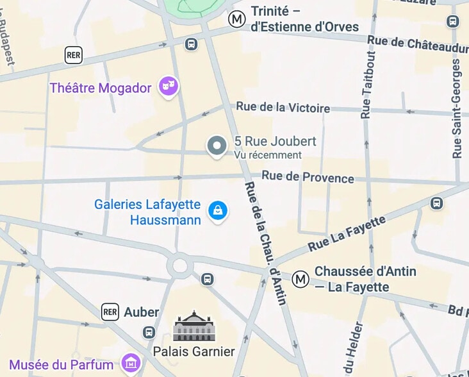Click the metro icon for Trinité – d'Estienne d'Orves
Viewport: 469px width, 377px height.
tap(237, 19)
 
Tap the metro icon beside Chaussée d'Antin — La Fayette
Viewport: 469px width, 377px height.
tap(300, 279)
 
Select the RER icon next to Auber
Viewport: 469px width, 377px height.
tap(110, 312)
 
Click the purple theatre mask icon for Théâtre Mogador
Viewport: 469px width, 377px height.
tap(169, 86)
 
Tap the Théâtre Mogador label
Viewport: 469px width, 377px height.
tap(101, 88)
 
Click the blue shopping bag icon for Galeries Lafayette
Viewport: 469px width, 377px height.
tap(218, 210)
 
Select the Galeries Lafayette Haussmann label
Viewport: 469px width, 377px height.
tap(147, 212)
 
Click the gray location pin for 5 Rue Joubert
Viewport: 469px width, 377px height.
tap(217, 146)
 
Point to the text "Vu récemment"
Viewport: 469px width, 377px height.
tap(267, 155)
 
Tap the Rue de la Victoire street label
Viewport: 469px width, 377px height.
tap(283, 108)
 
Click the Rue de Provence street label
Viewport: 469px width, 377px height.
tap(308, 177)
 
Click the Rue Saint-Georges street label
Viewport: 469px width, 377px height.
tap(457, 109)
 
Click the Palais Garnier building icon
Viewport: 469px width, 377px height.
tap(193, 326)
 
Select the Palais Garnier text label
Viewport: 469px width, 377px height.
tap(193, 351)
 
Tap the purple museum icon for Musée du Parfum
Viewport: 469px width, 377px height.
tap(131, 363)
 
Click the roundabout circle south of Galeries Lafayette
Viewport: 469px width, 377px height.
tap(180, 265)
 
